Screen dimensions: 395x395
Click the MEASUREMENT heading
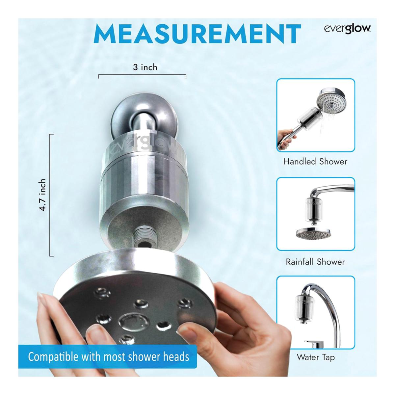197,34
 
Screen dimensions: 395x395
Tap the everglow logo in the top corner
348,29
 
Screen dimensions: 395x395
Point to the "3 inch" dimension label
145,67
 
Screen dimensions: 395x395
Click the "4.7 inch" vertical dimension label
43,195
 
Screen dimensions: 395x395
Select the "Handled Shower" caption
315,162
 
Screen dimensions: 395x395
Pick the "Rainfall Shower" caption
315,262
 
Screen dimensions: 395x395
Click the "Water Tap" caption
316,357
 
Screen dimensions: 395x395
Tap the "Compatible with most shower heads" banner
108,357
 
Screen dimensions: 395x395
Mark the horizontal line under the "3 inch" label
142,75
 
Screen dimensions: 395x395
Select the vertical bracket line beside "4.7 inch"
50,195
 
